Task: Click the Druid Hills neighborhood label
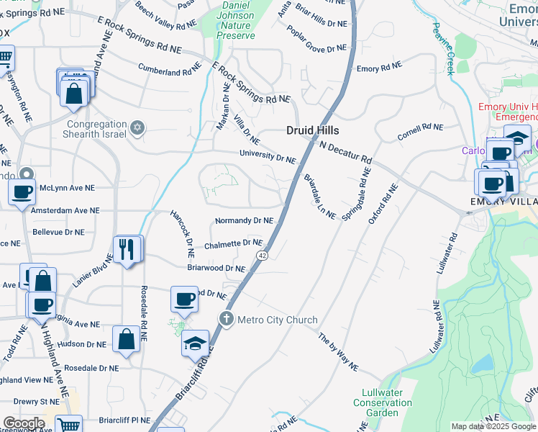point(312,130)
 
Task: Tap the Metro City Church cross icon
point(227,319)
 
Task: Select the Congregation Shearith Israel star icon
point(137,128)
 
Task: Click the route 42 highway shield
point(263,256)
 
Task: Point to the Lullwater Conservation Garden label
point(383,402)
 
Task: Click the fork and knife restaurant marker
point(128,249)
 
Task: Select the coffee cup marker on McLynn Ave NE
point(22,192)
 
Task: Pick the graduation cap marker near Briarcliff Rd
point(195,343)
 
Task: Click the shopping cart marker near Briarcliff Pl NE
point(68,425)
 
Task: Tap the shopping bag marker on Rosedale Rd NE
point(126,339)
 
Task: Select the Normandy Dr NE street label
point(244,220)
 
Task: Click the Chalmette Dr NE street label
point(233,244)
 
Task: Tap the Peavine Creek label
point(444,48)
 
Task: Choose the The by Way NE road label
point(338,352)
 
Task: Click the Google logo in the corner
point(24,423)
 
